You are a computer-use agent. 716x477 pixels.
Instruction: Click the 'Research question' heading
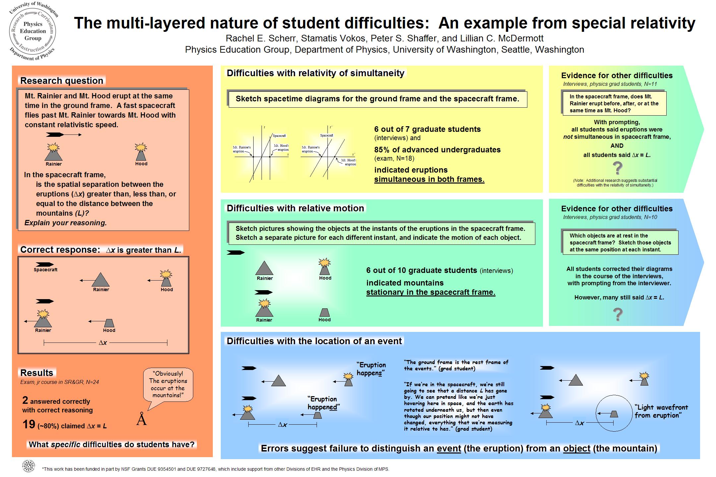62,80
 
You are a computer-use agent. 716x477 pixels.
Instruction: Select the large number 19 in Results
29,424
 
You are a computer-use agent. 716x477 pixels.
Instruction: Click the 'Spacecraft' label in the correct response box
45,270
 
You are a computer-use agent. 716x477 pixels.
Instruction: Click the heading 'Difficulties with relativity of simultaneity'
315,73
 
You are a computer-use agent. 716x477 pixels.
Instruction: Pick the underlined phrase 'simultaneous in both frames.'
429,180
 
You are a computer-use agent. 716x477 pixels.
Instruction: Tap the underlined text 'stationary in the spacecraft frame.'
431,292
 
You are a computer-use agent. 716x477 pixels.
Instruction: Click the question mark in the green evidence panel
618,168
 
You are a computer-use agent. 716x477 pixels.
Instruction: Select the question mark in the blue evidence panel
618,315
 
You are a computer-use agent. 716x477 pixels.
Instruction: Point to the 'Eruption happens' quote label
371,369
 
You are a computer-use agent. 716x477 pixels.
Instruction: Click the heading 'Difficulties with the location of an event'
314,341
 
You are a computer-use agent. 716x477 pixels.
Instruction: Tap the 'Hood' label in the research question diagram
141,164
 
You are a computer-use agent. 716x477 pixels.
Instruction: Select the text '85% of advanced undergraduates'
437,150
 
